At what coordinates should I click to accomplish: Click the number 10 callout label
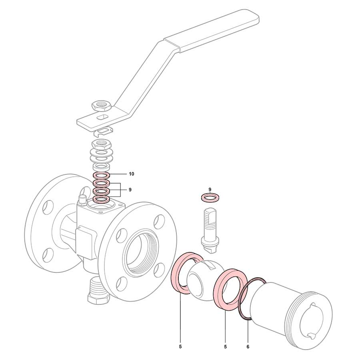131,174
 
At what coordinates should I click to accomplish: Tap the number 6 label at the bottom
248,347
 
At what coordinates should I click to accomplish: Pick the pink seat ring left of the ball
176,276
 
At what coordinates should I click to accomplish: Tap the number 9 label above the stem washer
210,189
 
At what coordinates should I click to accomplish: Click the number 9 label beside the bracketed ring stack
130,190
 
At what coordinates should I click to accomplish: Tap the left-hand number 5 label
180,347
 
